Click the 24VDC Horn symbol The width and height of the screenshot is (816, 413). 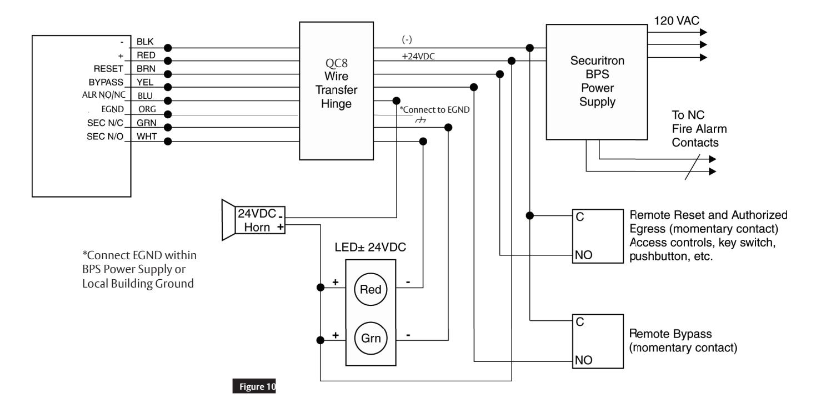[253, 220]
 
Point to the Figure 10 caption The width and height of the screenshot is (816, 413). [254, 386]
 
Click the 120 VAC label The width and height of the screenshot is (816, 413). [677, 21]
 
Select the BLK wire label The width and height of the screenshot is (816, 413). [145, 42]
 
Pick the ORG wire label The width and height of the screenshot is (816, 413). [147, 109]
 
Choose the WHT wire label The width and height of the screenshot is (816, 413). [147, 137]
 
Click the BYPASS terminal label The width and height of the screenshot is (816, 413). [106, 82]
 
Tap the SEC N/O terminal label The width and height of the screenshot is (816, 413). [105, 137]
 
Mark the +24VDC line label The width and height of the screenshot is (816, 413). [418, 57]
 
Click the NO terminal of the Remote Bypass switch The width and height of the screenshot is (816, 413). [583, 360]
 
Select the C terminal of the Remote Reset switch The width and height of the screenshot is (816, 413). [579, 217]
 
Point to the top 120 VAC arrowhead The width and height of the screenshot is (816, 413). [703, 32]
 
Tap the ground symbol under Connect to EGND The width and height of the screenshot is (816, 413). [420, 120]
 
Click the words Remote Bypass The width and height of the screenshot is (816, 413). [670, 334]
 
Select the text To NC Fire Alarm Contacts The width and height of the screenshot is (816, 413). [699, 129]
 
